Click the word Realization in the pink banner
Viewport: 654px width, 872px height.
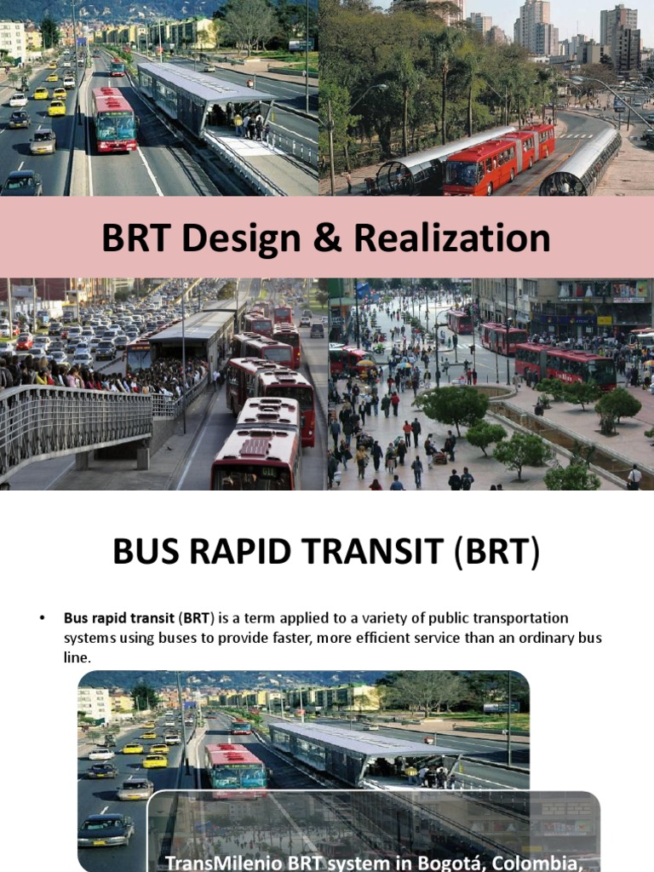click(x=452, y=239)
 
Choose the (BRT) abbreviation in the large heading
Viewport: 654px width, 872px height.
click(x=497, y=554)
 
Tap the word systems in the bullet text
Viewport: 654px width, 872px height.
click(x=88, y=637)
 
